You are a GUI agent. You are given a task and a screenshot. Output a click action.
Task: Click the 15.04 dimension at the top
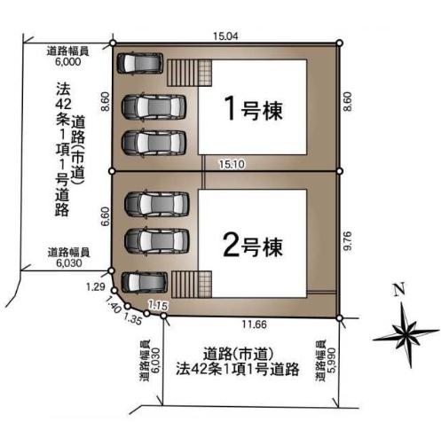click(225, 36)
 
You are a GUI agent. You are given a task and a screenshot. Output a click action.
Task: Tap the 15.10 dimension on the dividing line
click(232, 164)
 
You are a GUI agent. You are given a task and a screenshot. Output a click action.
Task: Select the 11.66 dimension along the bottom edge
click(255, 324)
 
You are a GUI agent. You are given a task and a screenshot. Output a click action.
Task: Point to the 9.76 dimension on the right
click(348, 241)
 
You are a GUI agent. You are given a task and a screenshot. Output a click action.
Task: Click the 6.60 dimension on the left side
click(106, 216)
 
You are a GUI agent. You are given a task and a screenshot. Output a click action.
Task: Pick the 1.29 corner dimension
click(96, 286)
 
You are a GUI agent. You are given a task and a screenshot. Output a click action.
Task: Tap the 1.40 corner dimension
click(113, 304)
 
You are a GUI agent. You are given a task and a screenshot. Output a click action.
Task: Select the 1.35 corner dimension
click(132, 318)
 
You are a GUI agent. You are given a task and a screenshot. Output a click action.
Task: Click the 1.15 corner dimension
click(158, 306)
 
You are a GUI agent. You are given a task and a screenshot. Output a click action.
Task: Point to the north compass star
click(406, 334)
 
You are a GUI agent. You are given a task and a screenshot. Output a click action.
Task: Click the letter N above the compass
click(399, 290)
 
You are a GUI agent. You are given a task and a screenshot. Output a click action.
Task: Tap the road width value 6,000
click(68, 61)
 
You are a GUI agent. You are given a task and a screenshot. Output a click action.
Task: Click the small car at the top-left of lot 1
click(140, 63)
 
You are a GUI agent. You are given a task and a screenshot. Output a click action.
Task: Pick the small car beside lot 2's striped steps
click(145, 282)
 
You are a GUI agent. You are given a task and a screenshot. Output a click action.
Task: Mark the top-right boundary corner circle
click(340, 43)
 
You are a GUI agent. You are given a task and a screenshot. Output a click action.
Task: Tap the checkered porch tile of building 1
click(205, 73)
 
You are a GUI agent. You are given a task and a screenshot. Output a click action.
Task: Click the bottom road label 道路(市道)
click(238, 354)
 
